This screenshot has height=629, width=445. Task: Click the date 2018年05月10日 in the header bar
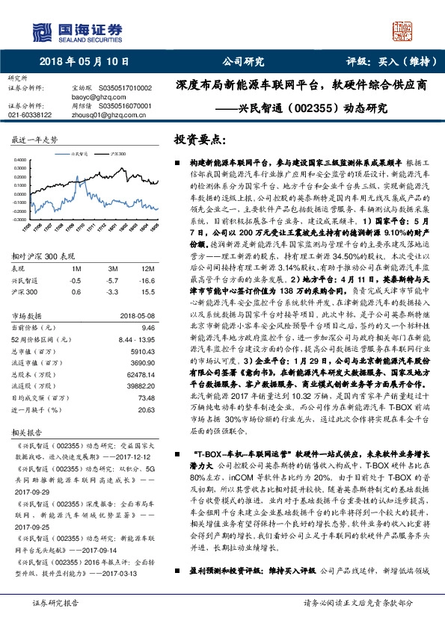click(x=83, y=62)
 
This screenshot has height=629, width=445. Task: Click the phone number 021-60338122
click(x=30, y=115)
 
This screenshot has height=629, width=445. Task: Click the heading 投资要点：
click(x=200, y=139)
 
